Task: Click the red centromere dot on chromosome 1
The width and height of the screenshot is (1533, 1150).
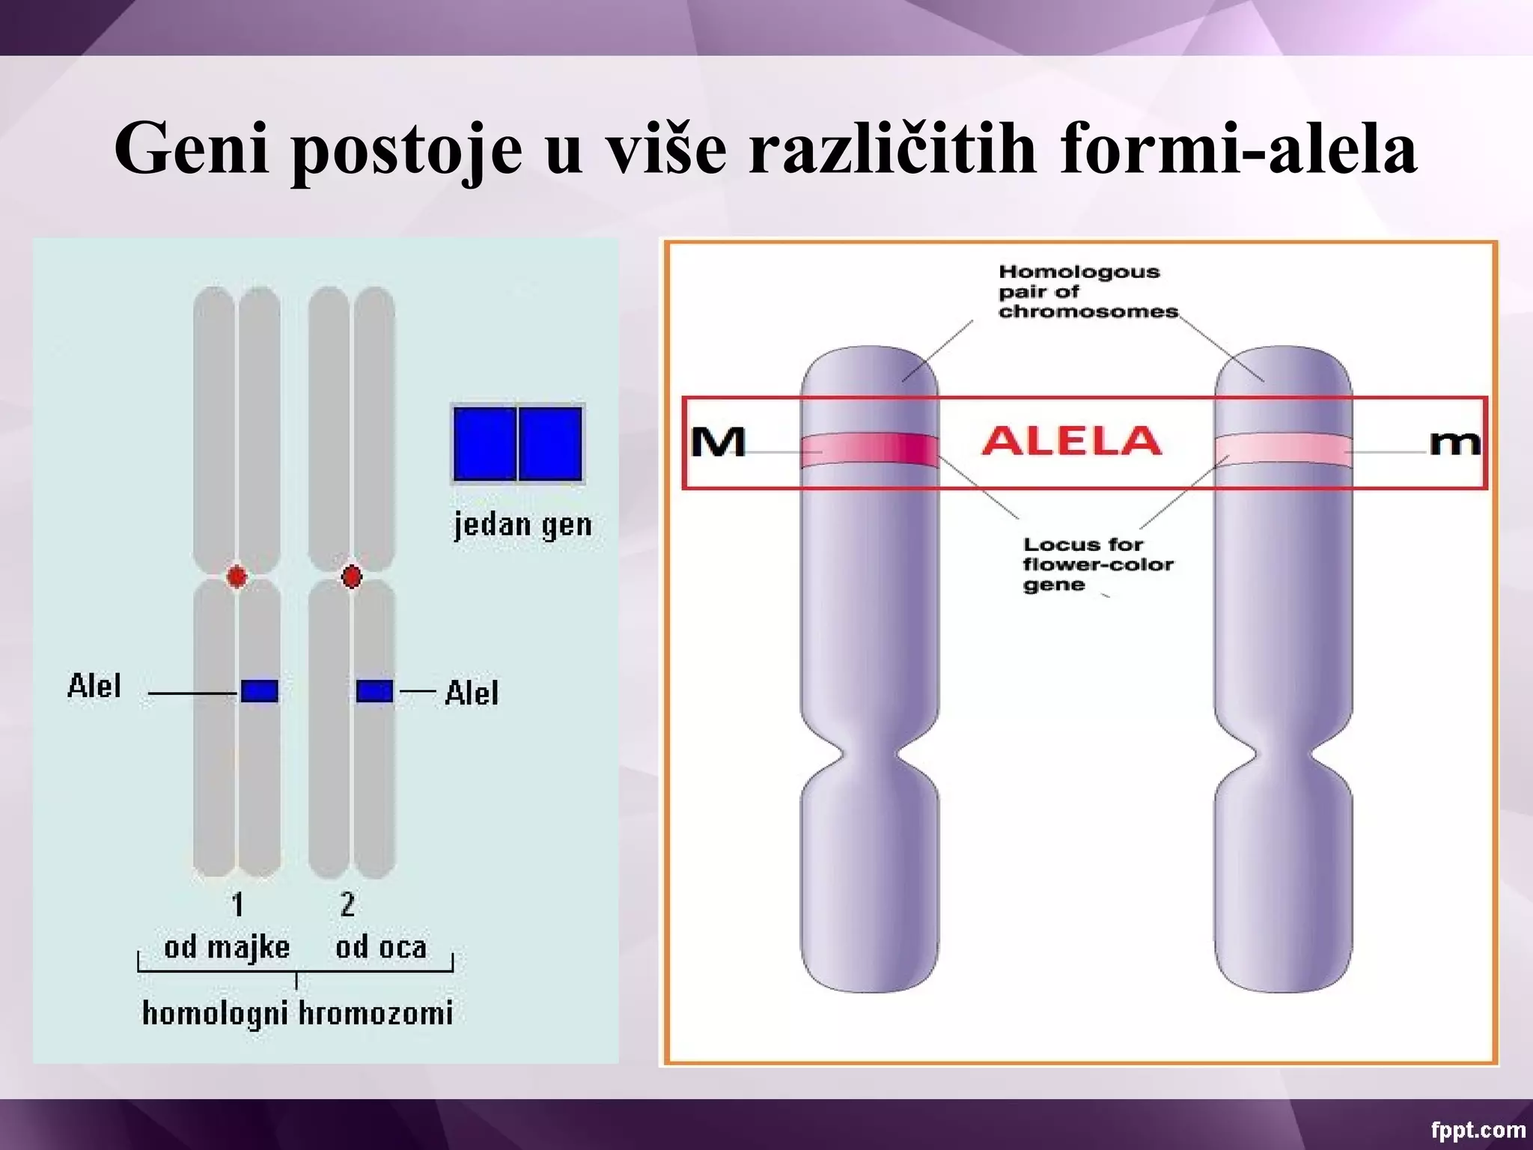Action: (237, 576)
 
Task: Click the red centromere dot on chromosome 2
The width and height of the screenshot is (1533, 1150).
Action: (351, 576)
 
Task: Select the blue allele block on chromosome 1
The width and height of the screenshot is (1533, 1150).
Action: (260, 690)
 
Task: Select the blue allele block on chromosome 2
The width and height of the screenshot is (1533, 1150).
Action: (374, 690)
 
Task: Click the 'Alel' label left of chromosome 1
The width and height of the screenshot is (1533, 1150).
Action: (94, 686)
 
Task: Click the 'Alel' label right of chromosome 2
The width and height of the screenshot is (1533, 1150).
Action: (472, 693)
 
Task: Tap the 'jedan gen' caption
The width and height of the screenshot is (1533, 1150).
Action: (522, 525)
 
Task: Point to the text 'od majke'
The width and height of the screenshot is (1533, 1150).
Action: (227, 948)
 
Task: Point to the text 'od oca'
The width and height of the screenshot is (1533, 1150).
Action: (381, 948)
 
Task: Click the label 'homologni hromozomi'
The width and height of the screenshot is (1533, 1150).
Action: (297, 1013)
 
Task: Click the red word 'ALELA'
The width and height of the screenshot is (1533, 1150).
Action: (1071, 440)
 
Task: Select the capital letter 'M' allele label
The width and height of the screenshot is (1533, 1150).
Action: (718, 442)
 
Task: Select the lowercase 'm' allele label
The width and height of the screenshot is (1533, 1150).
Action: (1454, 443)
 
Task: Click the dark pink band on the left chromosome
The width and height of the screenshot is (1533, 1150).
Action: (869, 449)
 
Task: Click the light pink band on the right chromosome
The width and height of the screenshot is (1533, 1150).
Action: (1283, 449)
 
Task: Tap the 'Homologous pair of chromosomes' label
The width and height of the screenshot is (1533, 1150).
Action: (1087, 291)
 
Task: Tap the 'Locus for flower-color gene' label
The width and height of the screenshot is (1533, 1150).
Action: (1097, 564)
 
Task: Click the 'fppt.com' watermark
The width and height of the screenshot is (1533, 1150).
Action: (1478, 1130)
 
